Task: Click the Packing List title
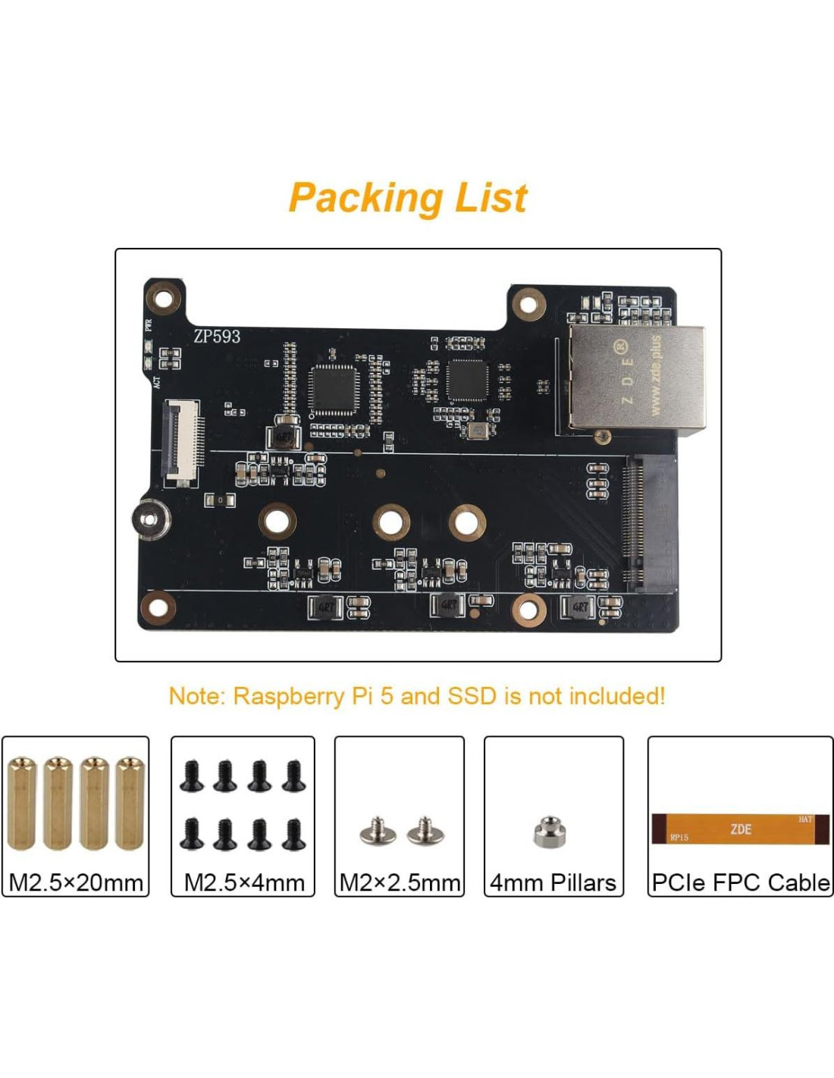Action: point(408,199)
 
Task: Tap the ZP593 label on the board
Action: point(217,336)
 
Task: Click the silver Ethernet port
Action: point(637,379)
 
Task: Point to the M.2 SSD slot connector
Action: point(633,523)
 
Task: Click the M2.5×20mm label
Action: point(76,882)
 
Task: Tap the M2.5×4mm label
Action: point(244,882)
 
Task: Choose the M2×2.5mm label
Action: point(400,882)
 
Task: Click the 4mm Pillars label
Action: point(553,882)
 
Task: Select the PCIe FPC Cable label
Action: point(740,882)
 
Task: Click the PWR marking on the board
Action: point(149,324)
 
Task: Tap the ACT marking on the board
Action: point(157,382)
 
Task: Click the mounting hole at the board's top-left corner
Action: point(163,298)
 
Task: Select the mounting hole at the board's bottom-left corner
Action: point(158,607)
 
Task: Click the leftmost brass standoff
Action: point(22,803)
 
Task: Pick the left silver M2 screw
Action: point(377,832)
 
